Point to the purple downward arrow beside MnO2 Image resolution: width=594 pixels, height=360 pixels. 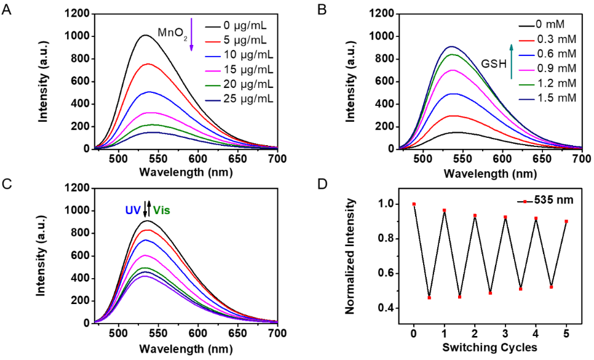click(x=191, y=34)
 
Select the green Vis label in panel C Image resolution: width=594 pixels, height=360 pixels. click(x=162, y=210)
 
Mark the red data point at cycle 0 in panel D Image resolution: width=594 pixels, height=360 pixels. click(x=414, y=204)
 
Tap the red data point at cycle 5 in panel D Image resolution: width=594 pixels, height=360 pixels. click(x=566, y=222)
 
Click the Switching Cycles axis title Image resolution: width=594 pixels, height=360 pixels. click(x=489, y=348)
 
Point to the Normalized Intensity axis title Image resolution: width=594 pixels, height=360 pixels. click(x=350, y=256)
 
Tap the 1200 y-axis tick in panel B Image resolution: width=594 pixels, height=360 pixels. click(x=380, y=14)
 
